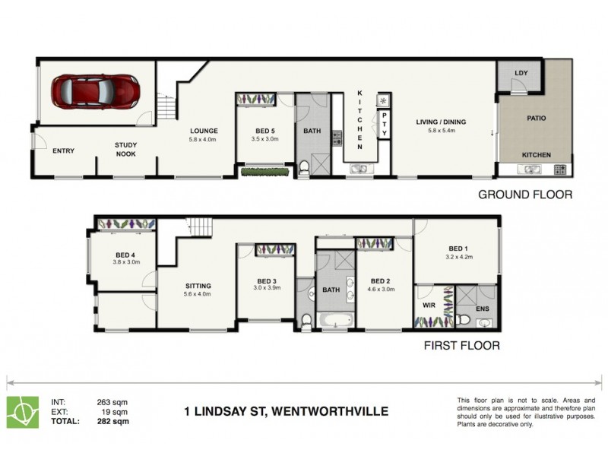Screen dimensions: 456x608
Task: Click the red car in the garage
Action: point(96,92)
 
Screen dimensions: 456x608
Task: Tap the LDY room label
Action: point(521,73)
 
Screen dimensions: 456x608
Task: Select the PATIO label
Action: point(537,119)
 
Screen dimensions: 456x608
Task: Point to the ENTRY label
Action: point(64,150)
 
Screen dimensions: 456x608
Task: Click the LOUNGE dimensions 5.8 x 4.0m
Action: point(203,140)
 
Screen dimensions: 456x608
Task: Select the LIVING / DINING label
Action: point(441,122)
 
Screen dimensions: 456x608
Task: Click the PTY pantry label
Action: point(385,125)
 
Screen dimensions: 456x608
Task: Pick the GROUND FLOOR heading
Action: point(524,195)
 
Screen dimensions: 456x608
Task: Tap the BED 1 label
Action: point(457,249)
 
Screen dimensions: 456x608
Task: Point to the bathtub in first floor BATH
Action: point(334,320)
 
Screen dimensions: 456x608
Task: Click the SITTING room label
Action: point(198,287)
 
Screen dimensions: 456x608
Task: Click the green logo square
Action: point(23,411)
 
